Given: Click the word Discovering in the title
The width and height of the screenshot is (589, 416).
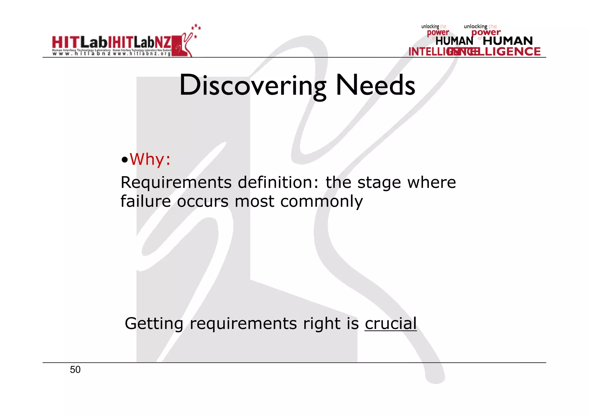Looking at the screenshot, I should click(x=253, y=85).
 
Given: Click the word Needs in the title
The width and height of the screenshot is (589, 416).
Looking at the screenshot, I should click(x=375, y=85).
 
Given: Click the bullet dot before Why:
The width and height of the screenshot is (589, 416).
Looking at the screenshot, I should click(x=124, y=160).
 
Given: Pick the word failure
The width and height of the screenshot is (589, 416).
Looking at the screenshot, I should click(x=146, y=201).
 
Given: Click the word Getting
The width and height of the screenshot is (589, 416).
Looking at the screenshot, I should click(x=154, y=324).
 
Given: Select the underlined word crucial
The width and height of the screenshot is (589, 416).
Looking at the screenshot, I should click(x=391, y=324).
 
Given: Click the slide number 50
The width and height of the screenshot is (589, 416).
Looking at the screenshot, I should click(x=75, y=370).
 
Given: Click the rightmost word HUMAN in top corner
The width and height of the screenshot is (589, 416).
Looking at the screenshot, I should click(x=508, y=41).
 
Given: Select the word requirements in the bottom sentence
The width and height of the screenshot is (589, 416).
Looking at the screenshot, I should click(x=243, y=324).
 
